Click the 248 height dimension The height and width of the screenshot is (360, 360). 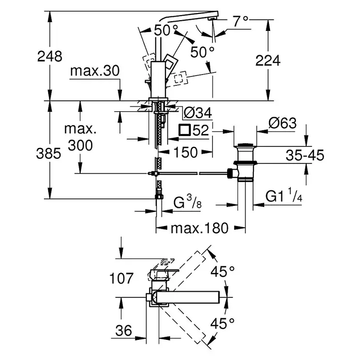[x=50, y=56]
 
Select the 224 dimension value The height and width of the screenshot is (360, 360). [x=268, y=61]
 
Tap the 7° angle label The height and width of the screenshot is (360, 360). [x=241, y=21]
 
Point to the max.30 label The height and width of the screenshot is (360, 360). [x=95, y=71]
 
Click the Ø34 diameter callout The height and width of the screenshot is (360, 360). [x=198, y=113]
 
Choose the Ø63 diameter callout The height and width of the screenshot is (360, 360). [x=282, y=123]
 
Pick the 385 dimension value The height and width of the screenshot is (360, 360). [x=49, y=154]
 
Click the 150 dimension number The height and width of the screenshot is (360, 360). [x=185, y=152]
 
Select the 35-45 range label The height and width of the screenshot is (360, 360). [x=305, y=155]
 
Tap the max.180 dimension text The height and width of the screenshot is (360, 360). [x=200, y=228]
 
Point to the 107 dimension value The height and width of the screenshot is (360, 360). [x=121, y=278]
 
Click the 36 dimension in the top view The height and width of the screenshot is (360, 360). [x=124, y=331]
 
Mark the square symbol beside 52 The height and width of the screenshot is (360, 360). [x=185, y=130]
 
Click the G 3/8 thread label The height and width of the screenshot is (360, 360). [x=187, y=202]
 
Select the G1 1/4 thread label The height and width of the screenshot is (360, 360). [x=283, y=196]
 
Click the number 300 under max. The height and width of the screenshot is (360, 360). [x=80, y=145]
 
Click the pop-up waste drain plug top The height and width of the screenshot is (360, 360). [x=246, y=145]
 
